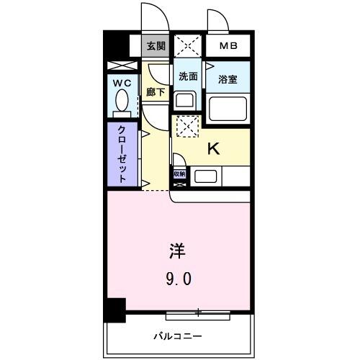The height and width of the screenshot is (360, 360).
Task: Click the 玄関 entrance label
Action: click(155, 46)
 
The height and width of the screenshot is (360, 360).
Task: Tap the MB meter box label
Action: click(228, 46)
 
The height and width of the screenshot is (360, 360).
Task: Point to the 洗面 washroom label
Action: click(189, 76)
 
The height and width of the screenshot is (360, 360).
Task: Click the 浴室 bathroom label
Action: click(228, 79)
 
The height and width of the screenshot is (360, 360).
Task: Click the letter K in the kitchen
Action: click(213, 148)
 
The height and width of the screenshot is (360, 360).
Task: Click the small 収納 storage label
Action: click(179, 174)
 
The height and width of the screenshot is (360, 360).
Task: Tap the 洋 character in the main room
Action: click(177, 251)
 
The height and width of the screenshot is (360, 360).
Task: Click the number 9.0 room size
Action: click(177, 278)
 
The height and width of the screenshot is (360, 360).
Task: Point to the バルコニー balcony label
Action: click(177, 336)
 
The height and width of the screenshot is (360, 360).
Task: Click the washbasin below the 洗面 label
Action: click(185, 100)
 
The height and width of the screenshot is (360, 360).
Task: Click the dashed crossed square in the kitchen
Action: click(186, 126)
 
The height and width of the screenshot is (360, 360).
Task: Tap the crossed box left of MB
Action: click(187, 46)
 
